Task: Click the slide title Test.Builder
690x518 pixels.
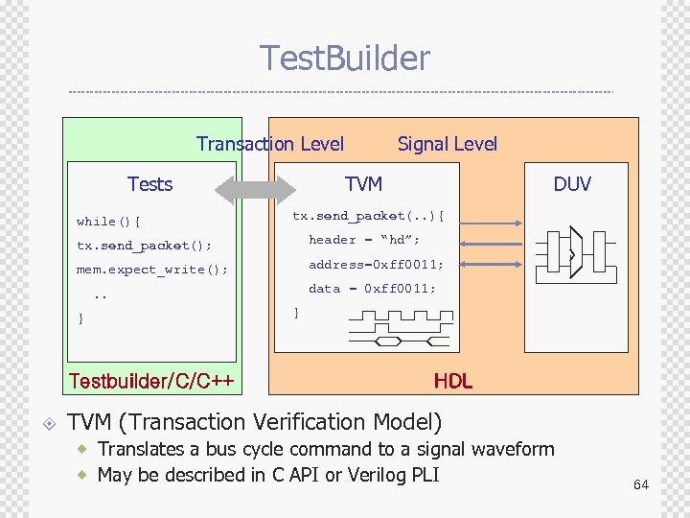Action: click(345, 59)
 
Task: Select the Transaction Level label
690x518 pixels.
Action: click(269, 144)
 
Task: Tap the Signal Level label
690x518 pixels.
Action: click(448, 144)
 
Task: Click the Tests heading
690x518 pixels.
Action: click(149, 184)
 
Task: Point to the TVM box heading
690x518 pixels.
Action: click(363, 184)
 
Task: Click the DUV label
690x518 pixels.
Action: click(572, 184)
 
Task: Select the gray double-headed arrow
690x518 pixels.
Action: click(256, 187)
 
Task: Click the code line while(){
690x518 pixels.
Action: click(108, 222)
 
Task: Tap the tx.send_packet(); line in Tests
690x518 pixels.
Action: click(144, 246)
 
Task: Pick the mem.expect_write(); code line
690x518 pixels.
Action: click(152, 270)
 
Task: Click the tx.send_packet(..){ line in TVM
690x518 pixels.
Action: click(368, 216)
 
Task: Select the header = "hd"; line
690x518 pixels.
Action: click(364, 240)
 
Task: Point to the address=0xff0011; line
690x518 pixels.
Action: click(376, 264)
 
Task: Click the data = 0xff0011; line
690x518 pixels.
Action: click(372, 288)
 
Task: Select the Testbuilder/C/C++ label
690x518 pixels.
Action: click(151, 381)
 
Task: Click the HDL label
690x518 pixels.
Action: click(452, 381)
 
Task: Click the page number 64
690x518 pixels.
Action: click(640, 484)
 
